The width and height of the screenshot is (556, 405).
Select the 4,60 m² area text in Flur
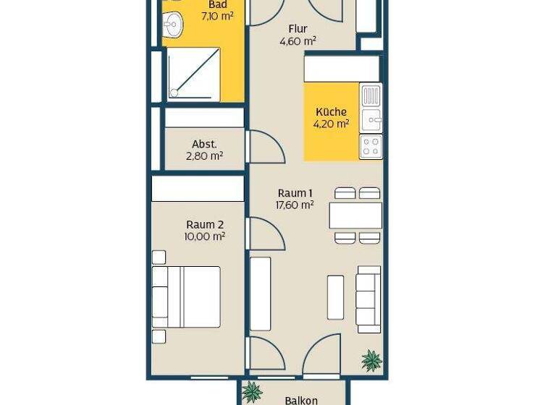tap(298, 41)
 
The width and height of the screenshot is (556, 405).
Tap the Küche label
tap(332, 112)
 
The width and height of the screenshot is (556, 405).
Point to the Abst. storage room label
tap(205, 144)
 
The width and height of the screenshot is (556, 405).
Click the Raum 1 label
tap(295, 193)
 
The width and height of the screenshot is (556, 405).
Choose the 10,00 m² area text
tap(206, 236)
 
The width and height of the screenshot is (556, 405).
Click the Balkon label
tap(301, 400)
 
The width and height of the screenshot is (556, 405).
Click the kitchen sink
tap(371, 120)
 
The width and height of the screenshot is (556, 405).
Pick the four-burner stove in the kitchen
tap(371, 146)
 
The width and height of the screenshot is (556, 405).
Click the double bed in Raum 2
tap(186, 297)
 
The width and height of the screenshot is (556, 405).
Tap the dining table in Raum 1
tap(355, 216)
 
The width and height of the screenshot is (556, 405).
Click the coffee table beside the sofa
tap(335, 297)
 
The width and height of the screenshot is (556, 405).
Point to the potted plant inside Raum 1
tap(371, 359)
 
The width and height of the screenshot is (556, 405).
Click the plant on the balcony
tap(251, 393)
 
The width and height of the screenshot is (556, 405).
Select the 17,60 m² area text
tap(295, 205)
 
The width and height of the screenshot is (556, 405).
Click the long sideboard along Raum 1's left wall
tap(261, 294)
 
